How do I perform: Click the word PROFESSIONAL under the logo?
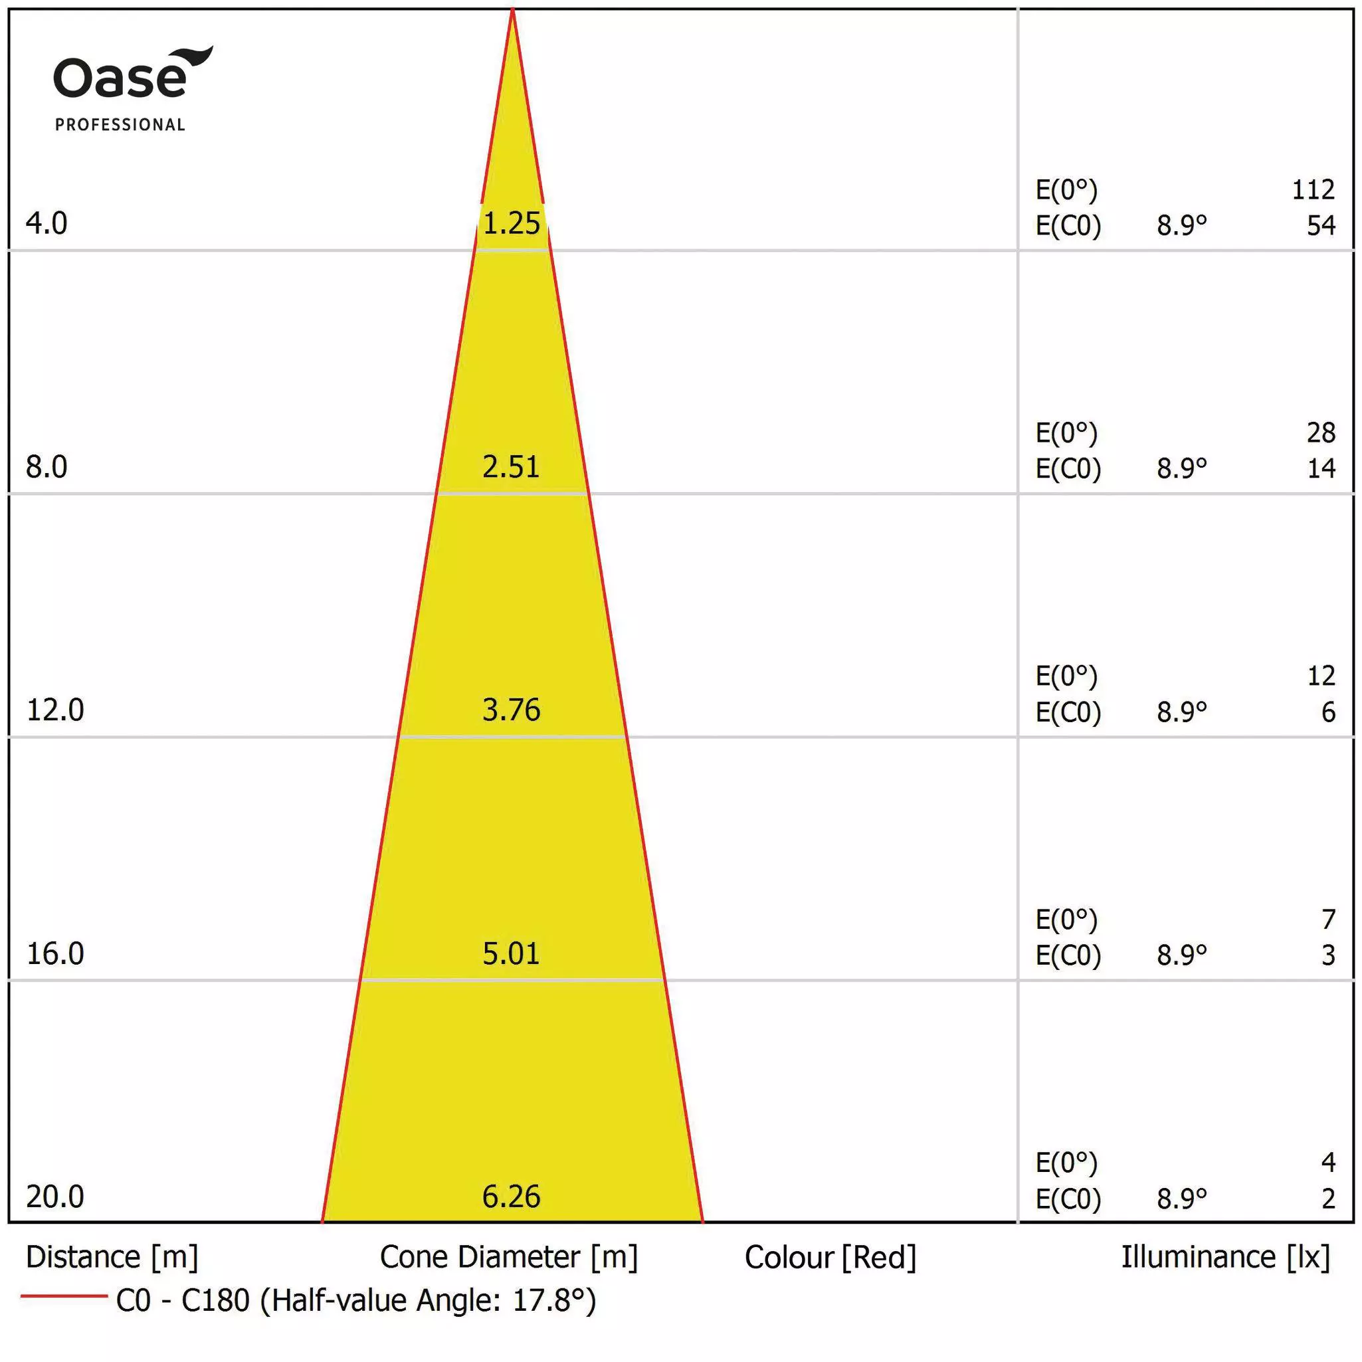pos(120,125)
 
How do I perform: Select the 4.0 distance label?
pos(47,223)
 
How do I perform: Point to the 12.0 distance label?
pos(55,710)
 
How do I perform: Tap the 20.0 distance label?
pos(55,1197)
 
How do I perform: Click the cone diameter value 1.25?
pos(511,223)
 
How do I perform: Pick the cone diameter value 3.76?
pos(511,710)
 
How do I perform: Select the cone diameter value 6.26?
pos(511,1197)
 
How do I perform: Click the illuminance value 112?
pos(1313,189)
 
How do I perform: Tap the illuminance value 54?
pos(1320,226)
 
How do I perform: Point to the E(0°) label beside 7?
pos(1066,920)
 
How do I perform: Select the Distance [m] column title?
pos(112,1257)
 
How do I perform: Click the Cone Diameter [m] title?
pos(508,1257)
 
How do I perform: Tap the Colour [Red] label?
pos(830,1258)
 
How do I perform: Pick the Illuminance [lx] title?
pos(1225,1257)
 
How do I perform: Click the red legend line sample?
pos(63,1296)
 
